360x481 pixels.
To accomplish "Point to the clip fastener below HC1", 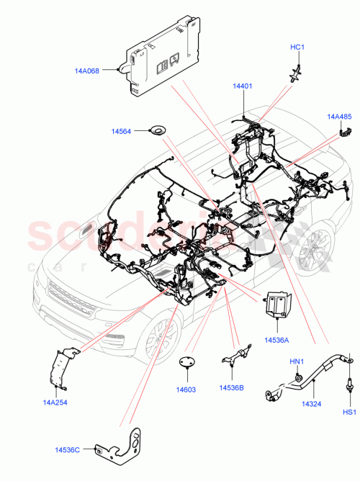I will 295,71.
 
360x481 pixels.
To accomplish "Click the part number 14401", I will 242,86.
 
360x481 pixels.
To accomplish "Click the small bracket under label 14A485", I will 345,130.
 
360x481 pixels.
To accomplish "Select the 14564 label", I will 121,132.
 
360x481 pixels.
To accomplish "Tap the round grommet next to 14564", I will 156,130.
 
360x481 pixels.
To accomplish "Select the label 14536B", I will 231,387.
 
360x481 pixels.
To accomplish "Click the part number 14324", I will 311,404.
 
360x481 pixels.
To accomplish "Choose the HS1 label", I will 348,413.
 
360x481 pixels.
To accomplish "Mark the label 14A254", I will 55,402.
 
